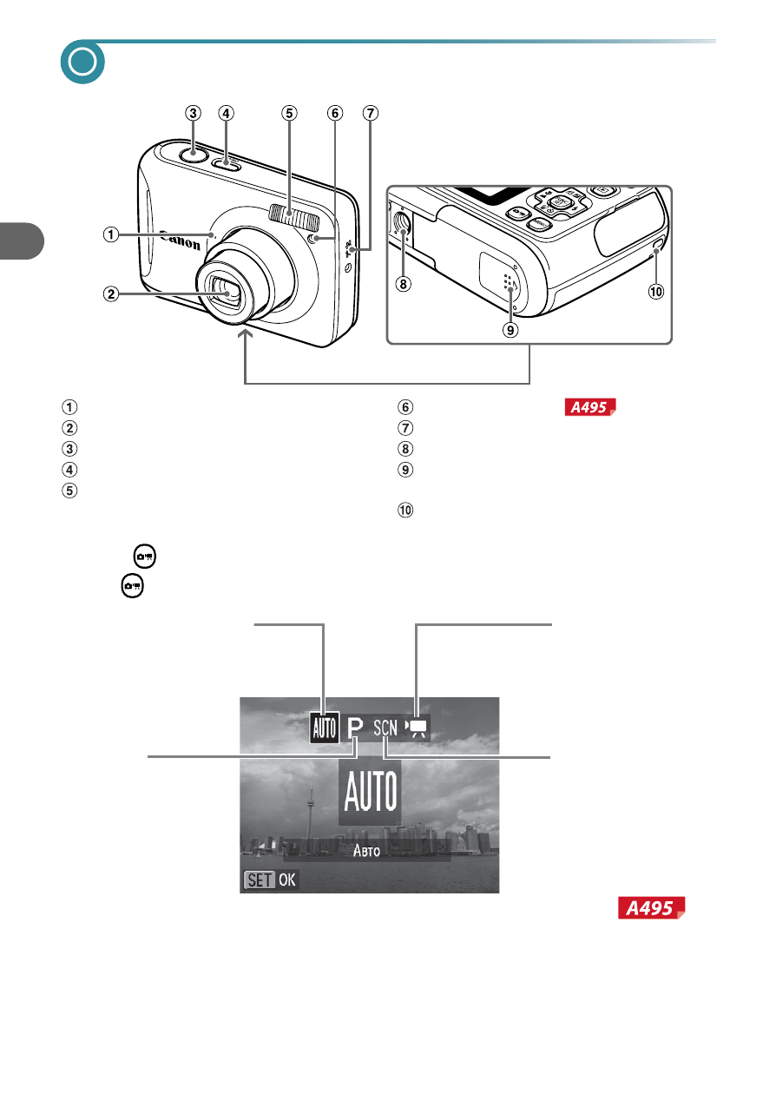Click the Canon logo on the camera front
pos(181,240)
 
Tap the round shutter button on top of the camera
pos(194,155)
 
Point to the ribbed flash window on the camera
pos(293,216)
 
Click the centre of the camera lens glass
pos(226,293)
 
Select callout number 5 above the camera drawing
pos(289,113)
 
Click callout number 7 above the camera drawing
pos(371,113)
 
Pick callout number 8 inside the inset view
pos(403,284)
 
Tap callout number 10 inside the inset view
pos(656,292)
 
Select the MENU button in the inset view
pos(539,224)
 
